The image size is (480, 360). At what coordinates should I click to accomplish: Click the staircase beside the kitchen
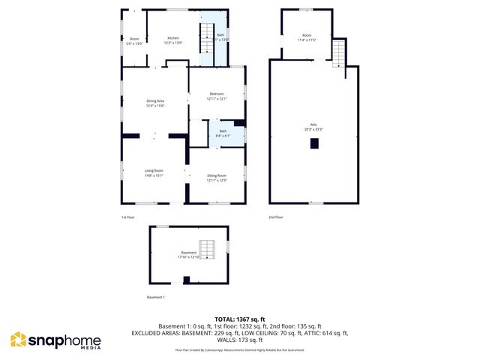coord(205,37)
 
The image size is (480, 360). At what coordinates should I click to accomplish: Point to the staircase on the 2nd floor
coord(338,53)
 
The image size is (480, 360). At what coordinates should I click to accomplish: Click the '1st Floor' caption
coord(128,217)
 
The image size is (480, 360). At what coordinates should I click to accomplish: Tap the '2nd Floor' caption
coord(276,217)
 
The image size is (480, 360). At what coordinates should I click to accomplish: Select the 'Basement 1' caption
coord(156,298)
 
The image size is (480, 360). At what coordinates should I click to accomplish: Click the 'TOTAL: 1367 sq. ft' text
coord(240,319)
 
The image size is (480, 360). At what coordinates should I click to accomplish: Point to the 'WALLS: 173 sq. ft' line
coord(240,340)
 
